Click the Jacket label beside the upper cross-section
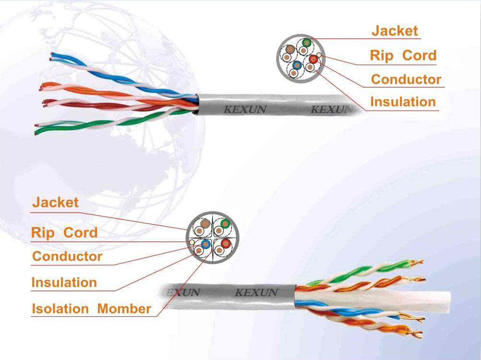(395, 31)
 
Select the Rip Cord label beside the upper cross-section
(403, 56)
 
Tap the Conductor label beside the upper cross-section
(406, 79)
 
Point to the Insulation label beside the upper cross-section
(403, 102)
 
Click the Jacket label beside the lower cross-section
(56, 203)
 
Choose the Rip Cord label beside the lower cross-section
(64, 233)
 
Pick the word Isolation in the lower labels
(60, 309)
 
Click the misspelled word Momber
(124, 309)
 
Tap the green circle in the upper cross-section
(306, 43)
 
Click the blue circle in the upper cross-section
(297, 65)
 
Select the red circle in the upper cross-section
(313, 59)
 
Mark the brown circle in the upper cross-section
(290, 49)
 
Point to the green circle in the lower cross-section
(225, 224)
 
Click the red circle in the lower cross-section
(226, 244)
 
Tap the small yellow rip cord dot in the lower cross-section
(192, 242)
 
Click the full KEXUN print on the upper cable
(245, 109)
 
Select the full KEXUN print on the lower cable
(256, 292)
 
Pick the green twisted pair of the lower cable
(362, 272)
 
